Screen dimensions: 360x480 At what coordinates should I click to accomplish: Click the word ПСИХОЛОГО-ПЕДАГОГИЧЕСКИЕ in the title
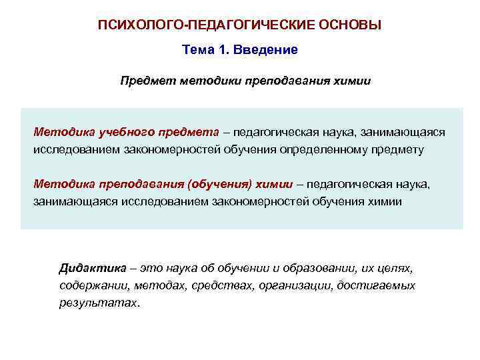[193, 25]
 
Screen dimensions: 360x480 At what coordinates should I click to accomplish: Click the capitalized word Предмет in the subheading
[143, 81]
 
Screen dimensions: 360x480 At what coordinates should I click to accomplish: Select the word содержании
[91, 285]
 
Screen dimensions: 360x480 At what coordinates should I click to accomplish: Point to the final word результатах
[99, 303]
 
